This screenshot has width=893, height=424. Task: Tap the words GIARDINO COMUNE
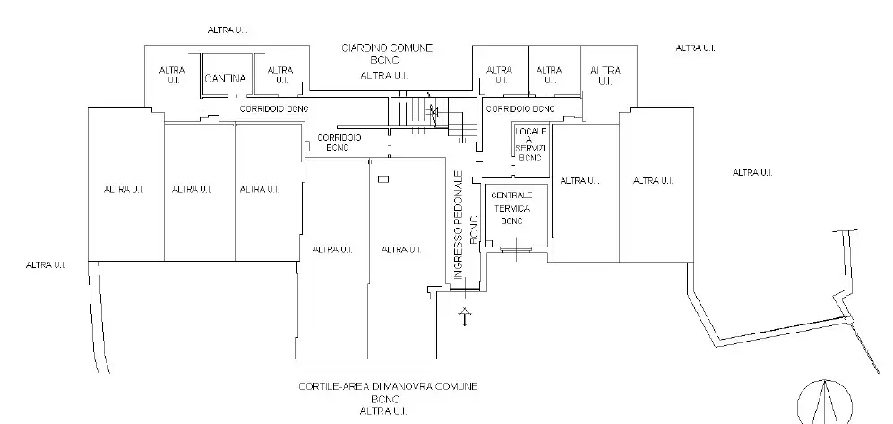(x=388, y=46)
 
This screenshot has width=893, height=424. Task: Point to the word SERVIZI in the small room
(x=529, y=149)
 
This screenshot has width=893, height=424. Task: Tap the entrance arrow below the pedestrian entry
(x=464, y=316)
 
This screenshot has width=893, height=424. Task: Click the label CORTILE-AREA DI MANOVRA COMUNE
(x=388, y=386)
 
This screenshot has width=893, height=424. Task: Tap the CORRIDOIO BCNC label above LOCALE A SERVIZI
(x=519, y=109)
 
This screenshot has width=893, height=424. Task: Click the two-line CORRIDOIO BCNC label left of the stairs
(x=339, y=142)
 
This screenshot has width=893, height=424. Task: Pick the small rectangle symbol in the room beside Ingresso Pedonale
(x=383, y=180)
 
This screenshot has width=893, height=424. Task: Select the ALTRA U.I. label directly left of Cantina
(x=172, y=74)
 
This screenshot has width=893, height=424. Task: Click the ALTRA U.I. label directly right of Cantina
(x=280, y=74)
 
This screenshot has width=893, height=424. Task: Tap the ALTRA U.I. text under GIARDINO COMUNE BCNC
(x=388, y=76)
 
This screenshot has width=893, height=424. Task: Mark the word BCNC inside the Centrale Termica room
(x=511, y=221)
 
